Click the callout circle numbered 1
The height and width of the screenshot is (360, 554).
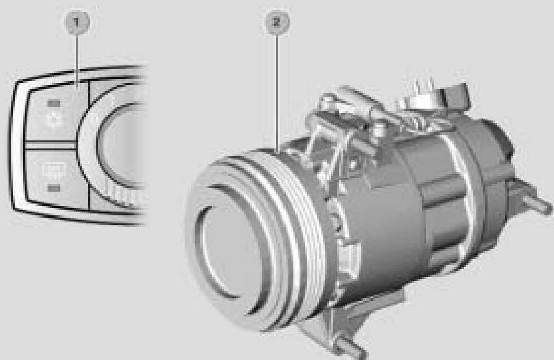pos(77,22)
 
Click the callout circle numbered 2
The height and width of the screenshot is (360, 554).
pos(277,22)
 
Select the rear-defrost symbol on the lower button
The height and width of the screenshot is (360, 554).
pos(54,170)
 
